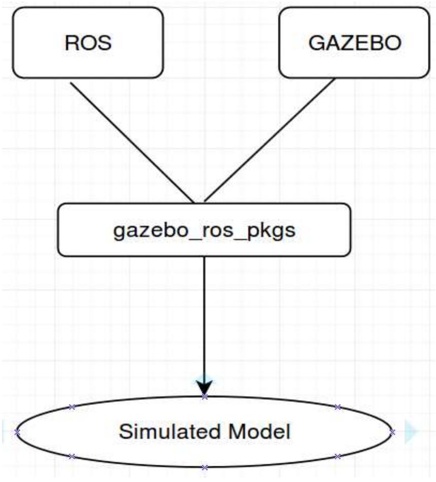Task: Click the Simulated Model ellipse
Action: [x=204, y=446]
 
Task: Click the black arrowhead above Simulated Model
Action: [x=204, y=389]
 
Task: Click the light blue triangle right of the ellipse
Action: [x=411, y=432]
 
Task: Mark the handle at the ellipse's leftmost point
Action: [x=17, y=432]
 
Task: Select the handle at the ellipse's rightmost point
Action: [x=392, y=432]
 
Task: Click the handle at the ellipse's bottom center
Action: [x=204, y=467]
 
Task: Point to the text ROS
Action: [x=88, y=43]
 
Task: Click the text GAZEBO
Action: [x=354, y=43]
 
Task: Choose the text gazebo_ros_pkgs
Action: [x=204, y=230]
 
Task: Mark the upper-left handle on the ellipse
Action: [x=71, y=407]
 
